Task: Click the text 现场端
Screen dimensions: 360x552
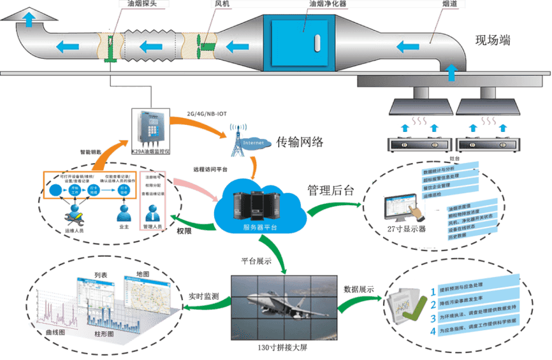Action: (x=493, y=41)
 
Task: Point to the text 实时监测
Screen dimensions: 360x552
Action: (x=204, y=297)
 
